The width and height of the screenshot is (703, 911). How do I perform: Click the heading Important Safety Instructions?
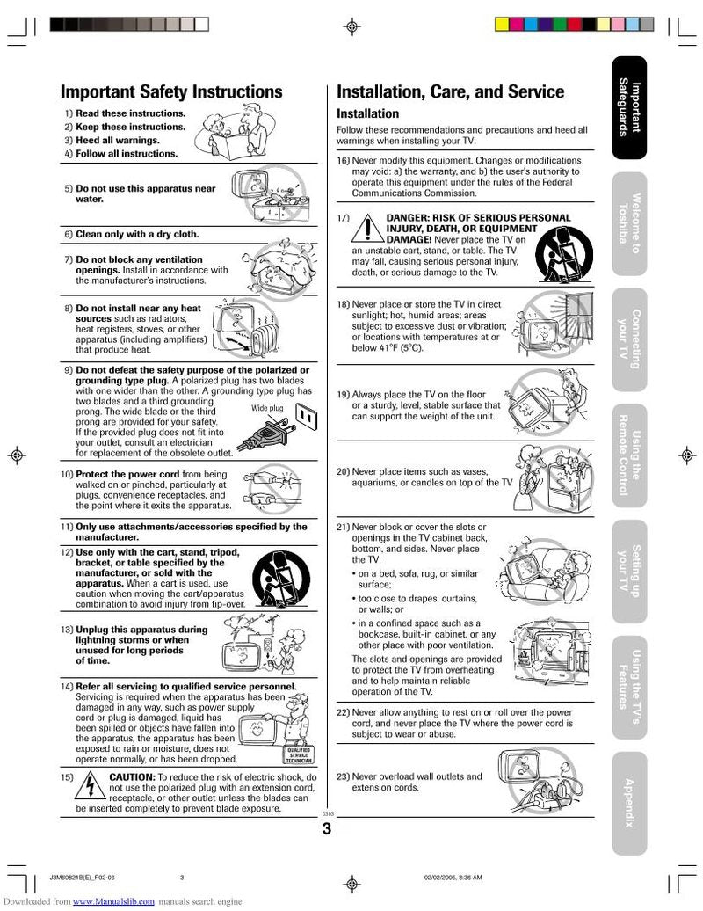coord(171,92)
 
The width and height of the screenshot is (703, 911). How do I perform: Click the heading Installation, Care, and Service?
coord(451,92)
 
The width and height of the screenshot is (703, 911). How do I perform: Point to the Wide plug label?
coord(267,409)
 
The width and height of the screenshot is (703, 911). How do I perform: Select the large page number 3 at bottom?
coord(327,830)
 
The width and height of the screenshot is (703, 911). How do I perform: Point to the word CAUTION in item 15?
coord(131,777)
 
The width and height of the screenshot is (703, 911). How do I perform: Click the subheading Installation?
coord(368,113)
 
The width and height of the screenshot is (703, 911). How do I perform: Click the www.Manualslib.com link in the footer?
coord(114,902)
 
